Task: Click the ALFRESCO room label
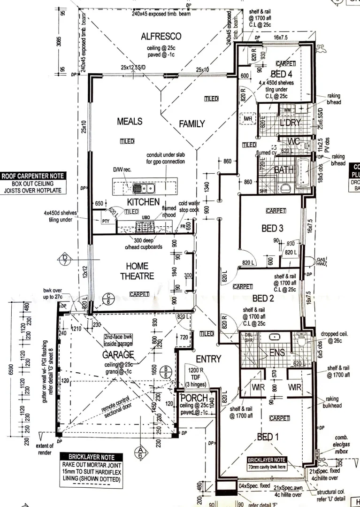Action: pyautogui.click(x=161, y=37)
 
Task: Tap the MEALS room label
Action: pyautogui.click(x=130, y=122)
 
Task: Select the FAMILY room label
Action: pyautogui.click(x=192, y=124)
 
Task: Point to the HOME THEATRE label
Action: pyautogui.click(x=137, y=271)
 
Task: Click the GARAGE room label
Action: pyautogui.click(x=118, y=354)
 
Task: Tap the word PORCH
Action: pyautogui.click(x=193, y=398)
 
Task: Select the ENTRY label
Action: pyautogui.click(x=208, y=359)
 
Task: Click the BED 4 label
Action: pyautogui.click(x=282, y=74)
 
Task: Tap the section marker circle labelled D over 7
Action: pyautogui.click(x=65, y=259)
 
